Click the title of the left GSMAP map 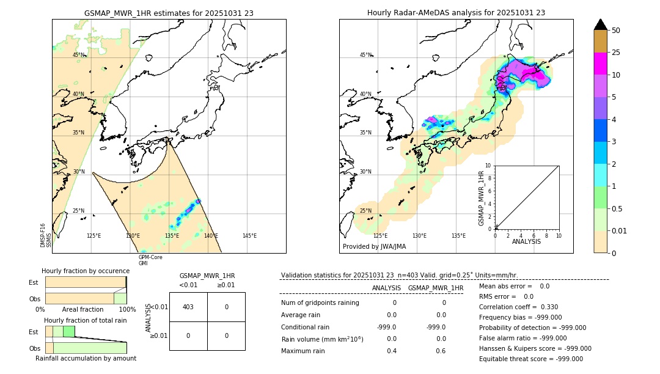pos(169,12)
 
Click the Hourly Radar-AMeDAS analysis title pos(456,12)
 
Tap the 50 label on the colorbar pos(617,31)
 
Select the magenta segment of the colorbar pos(601,64)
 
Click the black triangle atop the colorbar pos(601,24)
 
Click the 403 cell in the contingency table pos(188,307)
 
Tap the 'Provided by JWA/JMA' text pos(374,246)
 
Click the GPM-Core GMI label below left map pos(150,260)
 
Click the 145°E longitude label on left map pos(249,236)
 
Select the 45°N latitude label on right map pos(365,55)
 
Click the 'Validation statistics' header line pos(398,275)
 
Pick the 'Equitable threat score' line pos(530,359)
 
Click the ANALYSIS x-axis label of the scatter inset pos(526,241)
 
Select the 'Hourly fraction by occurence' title pos(86,271)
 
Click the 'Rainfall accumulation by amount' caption pos(86,358)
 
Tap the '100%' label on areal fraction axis pos(127,309)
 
